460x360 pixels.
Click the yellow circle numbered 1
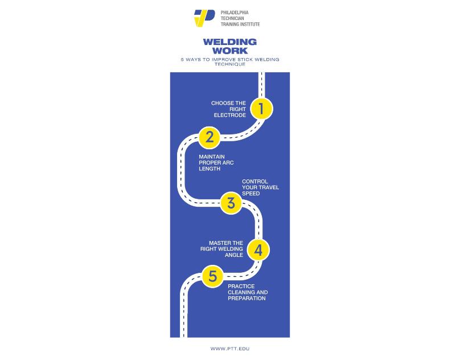[261, 108]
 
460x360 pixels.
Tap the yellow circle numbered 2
[210, 137]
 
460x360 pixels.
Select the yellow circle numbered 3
[231, 203]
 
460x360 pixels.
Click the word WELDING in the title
[230, 42]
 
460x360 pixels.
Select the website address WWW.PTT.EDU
[229, 348]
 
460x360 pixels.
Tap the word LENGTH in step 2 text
[209, 169]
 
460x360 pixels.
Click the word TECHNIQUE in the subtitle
[230, 64]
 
